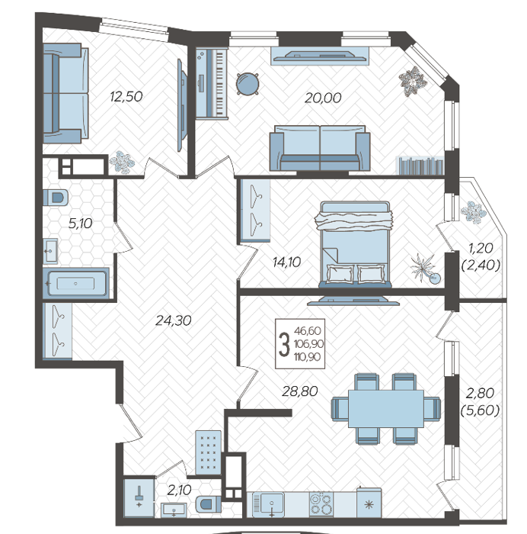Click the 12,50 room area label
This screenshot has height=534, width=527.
126,97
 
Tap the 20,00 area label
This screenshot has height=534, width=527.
323,98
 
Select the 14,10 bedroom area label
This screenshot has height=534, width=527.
286,262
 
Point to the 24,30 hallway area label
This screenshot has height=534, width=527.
174,320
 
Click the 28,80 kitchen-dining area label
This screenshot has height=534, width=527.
300,391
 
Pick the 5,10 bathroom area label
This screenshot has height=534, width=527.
80,224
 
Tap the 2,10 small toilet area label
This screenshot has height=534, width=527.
179,491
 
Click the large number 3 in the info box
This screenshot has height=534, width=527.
284,344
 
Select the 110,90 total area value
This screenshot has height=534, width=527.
308,357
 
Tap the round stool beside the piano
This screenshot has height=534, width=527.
248,84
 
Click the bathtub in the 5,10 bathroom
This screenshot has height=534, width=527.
76,283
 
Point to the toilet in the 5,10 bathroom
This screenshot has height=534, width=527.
56,198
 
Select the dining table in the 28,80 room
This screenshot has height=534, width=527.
386,408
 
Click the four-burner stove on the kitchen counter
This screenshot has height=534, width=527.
321,504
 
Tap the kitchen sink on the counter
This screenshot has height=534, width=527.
271,503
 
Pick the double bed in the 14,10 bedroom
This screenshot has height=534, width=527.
354,244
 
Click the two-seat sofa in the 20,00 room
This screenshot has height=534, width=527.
320,148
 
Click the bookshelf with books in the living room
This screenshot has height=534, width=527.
420,166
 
